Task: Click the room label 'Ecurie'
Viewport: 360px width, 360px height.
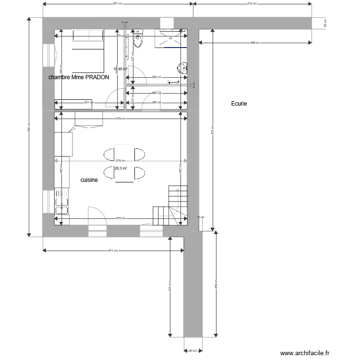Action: pyautogui.click(x=239, y=103)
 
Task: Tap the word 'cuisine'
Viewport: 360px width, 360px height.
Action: pyautogui.click(x=89, y=180)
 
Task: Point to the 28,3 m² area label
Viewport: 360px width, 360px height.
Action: pyautogui.click(x=120, y=168)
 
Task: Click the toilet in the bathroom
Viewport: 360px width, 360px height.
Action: pyautogui.click(x=139, y=40)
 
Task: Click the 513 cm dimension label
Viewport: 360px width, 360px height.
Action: pyautogui.click(x=252, y=4)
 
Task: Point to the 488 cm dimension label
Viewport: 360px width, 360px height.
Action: pyautogui.click(x=255, y=43)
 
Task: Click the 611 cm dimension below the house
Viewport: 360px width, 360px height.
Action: pyautogui.click(x=113, y=251)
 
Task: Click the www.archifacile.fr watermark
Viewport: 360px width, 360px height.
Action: pyautogui.click(x=305, y=353)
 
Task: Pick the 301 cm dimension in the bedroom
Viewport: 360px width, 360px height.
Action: pyautogui.click(x=87, y=102)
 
